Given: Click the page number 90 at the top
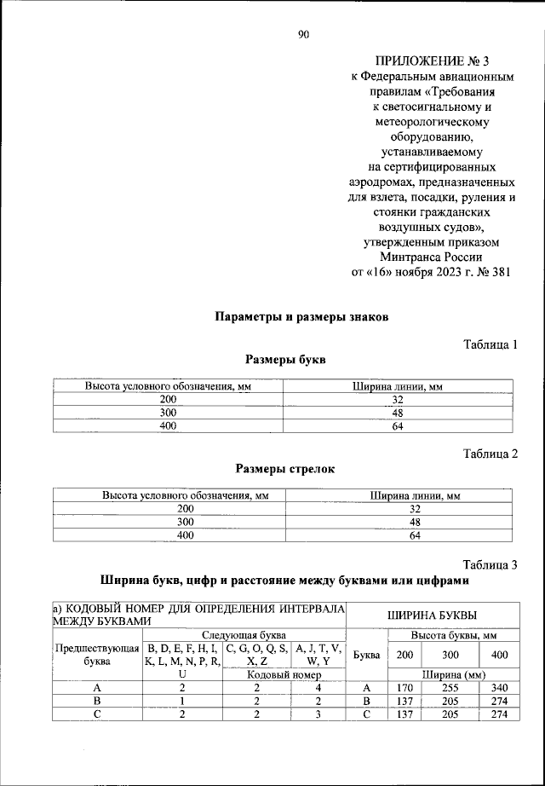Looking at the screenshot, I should tap(302, 35).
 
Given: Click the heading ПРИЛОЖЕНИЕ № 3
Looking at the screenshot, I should tap(434, 62).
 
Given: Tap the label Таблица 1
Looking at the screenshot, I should tap(490, 344).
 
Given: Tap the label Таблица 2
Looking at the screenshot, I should tap(490, 453).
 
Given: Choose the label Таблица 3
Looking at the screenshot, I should tap(490, 563).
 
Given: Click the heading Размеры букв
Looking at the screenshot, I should tap(285, 360).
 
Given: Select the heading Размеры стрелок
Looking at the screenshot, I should tap(285, 468).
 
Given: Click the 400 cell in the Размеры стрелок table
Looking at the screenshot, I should tap(185, 535).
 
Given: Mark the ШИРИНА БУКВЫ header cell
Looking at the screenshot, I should tap(432, 615).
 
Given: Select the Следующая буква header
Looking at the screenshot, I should tap(244, 635).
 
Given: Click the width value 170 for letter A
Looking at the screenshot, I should tap(400, 688).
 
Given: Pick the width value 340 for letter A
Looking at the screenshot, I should tap(500, 688).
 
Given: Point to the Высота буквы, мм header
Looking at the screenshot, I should tap(454, 635).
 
